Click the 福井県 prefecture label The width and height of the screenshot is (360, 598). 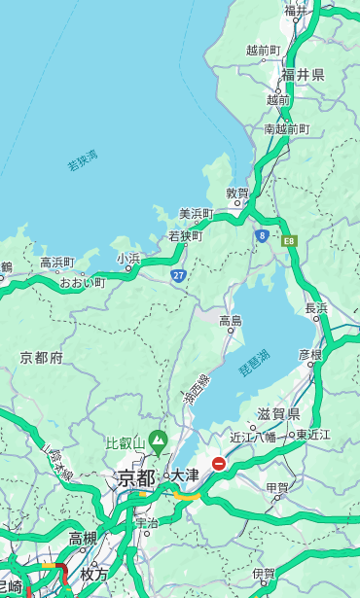[x=304, y=75]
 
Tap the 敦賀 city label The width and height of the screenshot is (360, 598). [x=237, y=193]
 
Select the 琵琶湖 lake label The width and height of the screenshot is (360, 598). [x=254, y=365]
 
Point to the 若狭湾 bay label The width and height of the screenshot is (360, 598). [x=83, y=160]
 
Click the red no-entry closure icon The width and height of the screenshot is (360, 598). [x=219, y=464]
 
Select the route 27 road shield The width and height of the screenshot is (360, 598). [x=179, y=275]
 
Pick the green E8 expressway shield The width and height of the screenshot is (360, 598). [x=289, y=239]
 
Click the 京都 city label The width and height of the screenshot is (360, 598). [x=136, y=477]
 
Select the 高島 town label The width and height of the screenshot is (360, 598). [x=231, y=321]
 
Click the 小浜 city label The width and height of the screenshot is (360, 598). [x=128, y=259]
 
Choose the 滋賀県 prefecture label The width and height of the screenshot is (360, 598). [x=279, y=413]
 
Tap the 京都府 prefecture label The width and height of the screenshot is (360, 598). [x=42, y=358]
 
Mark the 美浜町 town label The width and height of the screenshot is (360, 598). [x=197, y=214]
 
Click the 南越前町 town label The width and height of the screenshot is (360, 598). [x=286, y=128]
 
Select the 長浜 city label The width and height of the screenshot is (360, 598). [x=317, y=308]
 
